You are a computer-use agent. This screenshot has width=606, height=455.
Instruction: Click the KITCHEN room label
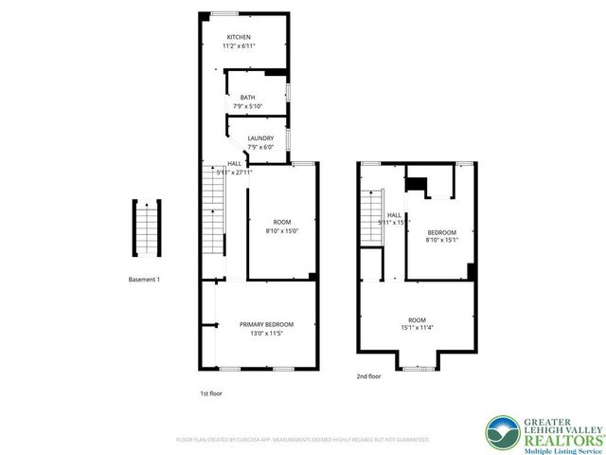click(239, 36)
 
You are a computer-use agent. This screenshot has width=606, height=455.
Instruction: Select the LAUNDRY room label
click(260, 138)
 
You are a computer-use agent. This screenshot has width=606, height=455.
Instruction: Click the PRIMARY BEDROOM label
click(258, 324)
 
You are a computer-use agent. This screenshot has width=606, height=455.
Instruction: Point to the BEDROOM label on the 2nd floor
click(441, 232)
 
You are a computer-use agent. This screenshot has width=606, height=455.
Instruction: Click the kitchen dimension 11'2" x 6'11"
click(239, 45)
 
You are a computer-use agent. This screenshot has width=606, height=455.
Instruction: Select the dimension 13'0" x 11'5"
click(258, 334)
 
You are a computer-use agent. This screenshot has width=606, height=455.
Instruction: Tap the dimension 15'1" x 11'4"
click(417, 329)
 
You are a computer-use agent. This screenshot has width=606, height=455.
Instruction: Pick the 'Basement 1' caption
click(145, 280)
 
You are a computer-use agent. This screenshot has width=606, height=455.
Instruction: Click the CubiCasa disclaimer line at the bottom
click(302, 440)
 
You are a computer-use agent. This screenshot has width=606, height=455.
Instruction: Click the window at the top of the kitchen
click(224, 13)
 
